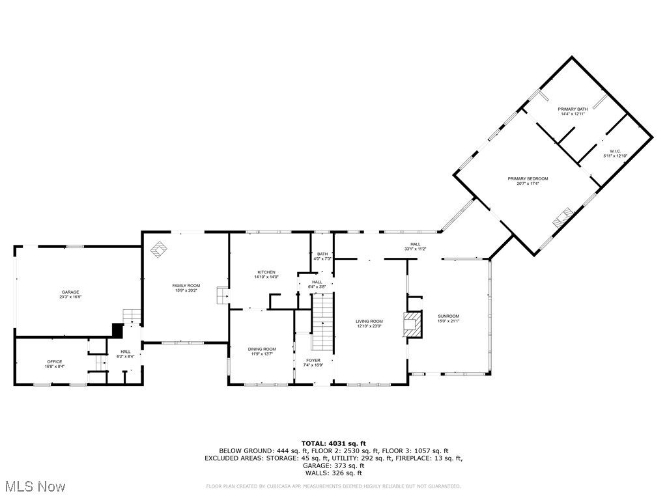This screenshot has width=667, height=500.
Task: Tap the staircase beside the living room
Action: tap(322, 322)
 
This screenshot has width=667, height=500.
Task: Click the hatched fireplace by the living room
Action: tap(411, 325)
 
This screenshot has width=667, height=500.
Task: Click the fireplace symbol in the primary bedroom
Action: tap(562, 216)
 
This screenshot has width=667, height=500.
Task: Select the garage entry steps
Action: tap(132, 316)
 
